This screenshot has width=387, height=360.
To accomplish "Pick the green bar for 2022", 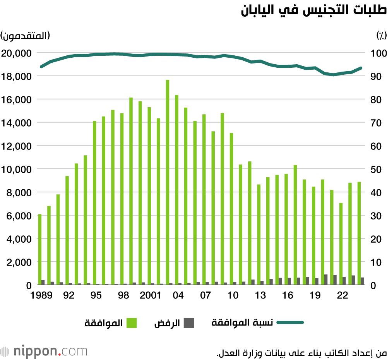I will [341, 244].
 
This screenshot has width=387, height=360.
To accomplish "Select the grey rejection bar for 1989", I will [43, 283].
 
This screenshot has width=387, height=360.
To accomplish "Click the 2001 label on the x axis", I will [151, 295].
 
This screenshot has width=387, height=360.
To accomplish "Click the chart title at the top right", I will [313, 10].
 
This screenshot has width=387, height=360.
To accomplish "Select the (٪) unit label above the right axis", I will [381, 36].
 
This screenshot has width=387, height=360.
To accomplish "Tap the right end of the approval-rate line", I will [361, 68].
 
